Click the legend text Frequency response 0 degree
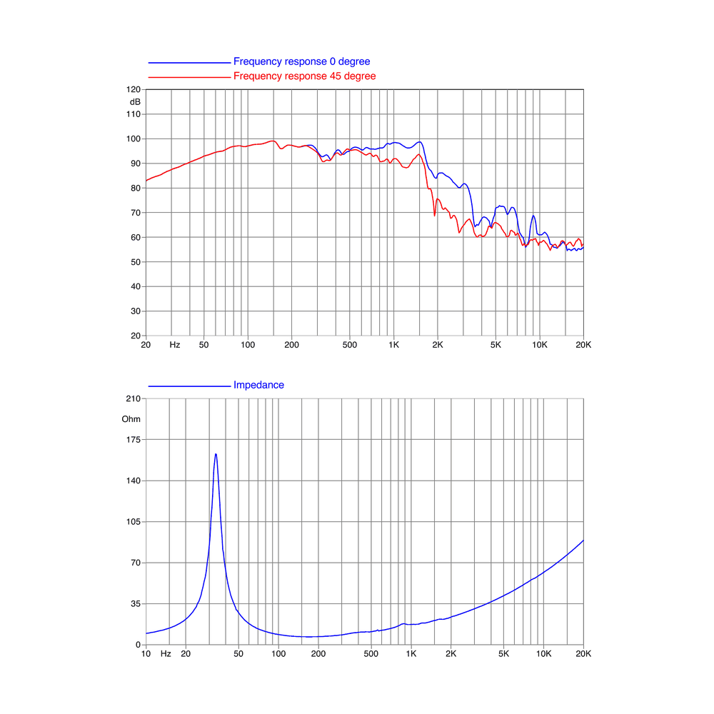(301, 61)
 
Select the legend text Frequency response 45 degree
(305, 76)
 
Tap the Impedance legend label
(258, 386)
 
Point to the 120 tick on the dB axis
(134, 90)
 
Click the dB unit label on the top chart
(135, 102)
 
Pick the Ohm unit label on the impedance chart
(131, 419)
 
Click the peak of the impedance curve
(216, 454)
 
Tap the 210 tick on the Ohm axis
(134, 399)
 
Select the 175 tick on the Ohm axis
(134, 440)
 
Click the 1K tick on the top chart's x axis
(394, 345)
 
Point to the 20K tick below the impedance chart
(583, 654)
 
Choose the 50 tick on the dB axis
(136, 262)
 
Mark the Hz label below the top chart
(175, 345)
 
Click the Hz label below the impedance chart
(166, 654)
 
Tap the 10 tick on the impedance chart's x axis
(146, 654)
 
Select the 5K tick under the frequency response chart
(496, 345)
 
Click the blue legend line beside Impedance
(189, 386)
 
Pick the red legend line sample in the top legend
(189, 77)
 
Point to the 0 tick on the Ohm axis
(138, 645)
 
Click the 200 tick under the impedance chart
(318, 654)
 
